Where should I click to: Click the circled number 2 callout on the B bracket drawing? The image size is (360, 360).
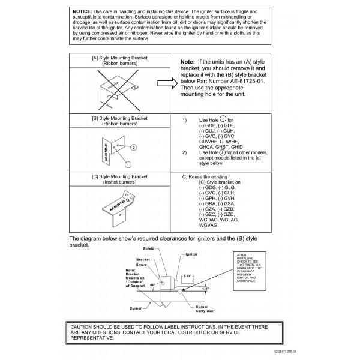pos(133,147)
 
